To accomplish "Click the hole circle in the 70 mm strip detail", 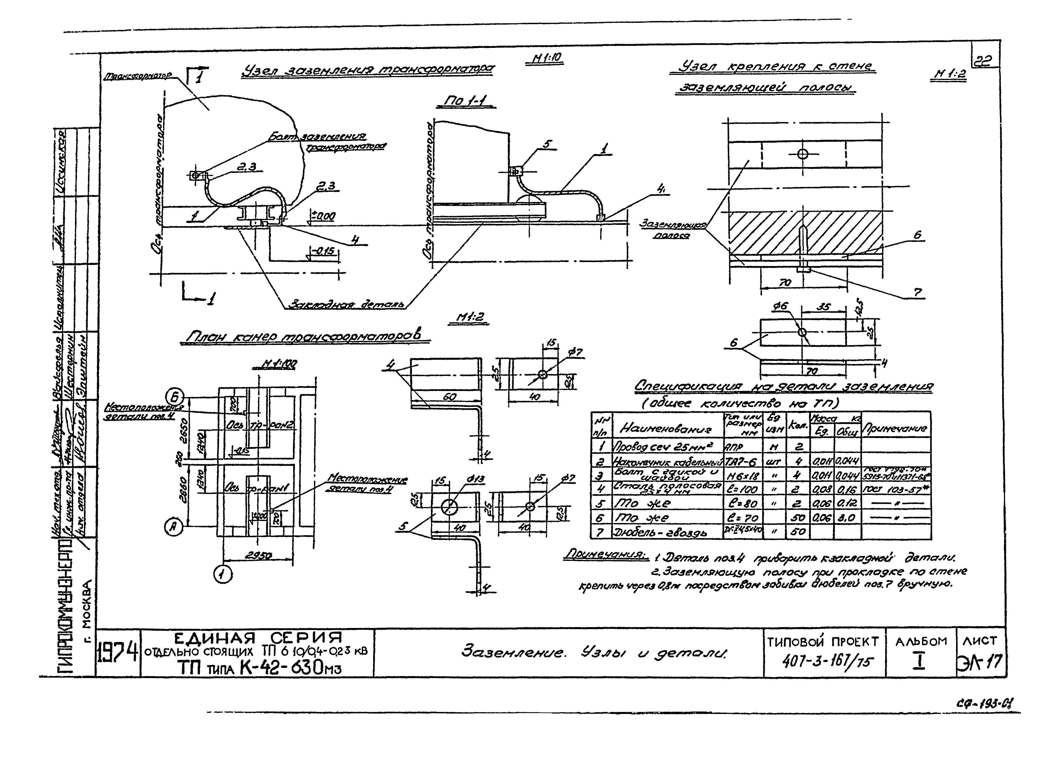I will (802, 332).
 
